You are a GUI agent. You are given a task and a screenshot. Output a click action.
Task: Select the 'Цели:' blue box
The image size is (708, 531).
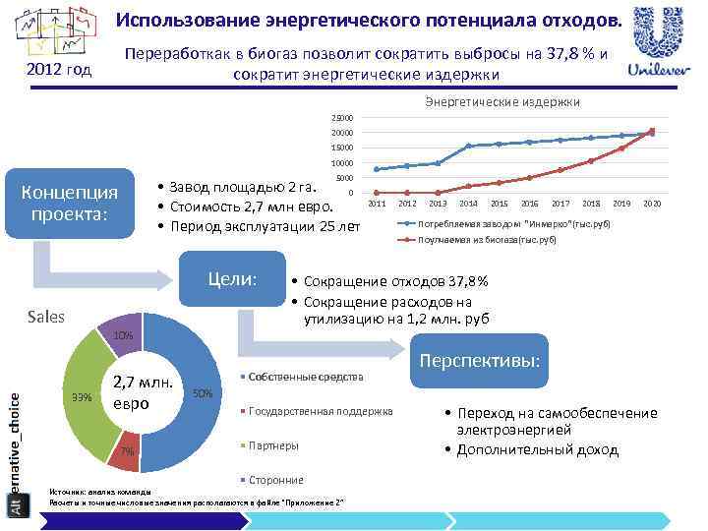tap(232, 279)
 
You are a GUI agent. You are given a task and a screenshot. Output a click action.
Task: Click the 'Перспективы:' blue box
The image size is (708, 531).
tap(480, 361)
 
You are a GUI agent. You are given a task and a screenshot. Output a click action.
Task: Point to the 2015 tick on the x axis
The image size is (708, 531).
tap(500, 203)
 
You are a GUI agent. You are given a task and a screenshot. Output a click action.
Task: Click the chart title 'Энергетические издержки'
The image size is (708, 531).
tap(501, 101)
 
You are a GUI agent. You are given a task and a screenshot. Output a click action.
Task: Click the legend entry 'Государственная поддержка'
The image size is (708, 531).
tap(320, 411)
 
